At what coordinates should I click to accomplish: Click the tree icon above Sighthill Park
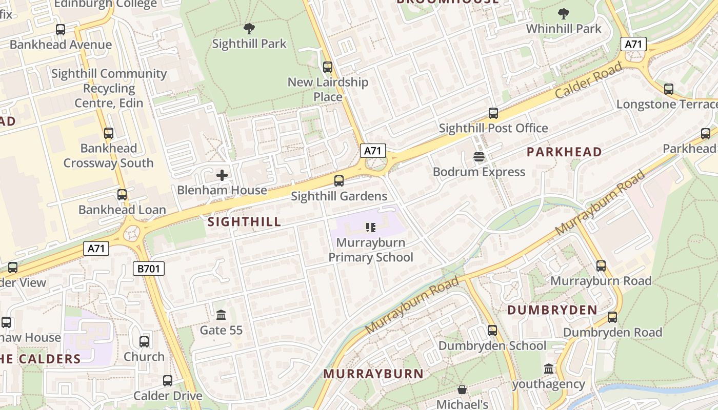(x=249, y=29)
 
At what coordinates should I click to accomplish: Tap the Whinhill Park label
(x=563, y=29)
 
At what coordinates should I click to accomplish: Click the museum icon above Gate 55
(x=221, y=314)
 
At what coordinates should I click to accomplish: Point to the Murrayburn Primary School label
(x=370, y=250)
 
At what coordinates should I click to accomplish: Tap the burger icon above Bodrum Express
(x=479, y=157)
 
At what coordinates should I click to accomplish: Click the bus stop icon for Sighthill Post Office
(x=493, y=113)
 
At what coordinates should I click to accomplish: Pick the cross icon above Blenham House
(x=222, y=175)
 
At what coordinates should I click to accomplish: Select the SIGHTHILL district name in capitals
(x=245, y=221)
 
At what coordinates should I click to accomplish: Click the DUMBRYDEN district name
(x=552, y=310)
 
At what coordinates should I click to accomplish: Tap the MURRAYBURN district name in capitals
(x=373, y=374)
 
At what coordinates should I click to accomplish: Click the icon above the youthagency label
(x=549, y=369)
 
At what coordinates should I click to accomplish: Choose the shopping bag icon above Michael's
(x=462, y=390)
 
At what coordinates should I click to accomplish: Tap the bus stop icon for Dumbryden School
(x=492, y=331)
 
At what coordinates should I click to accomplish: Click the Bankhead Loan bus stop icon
(x=122, y=195)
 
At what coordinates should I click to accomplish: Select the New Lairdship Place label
(x=328, y=89)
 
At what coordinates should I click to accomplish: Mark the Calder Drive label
(x=168, y=396)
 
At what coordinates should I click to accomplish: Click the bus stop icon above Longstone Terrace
(x=669, y=89)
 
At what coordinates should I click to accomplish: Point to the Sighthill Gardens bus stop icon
(x=339, y=181)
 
